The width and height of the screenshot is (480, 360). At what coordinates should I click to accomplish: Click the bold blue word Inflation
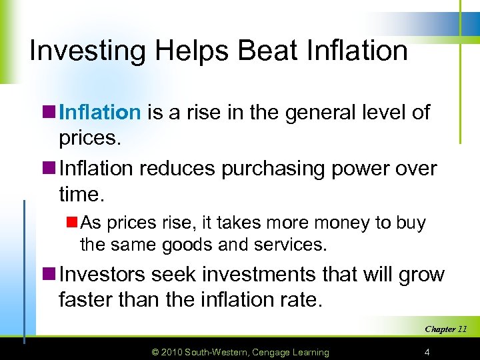click(x=100, y=112)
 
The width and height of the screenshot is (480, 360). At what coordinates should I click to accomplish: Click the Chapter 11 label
click(x=446, y=329)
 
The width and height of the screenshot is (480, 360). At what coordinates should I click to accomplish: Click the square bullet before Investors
click(x=50, y=275)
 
